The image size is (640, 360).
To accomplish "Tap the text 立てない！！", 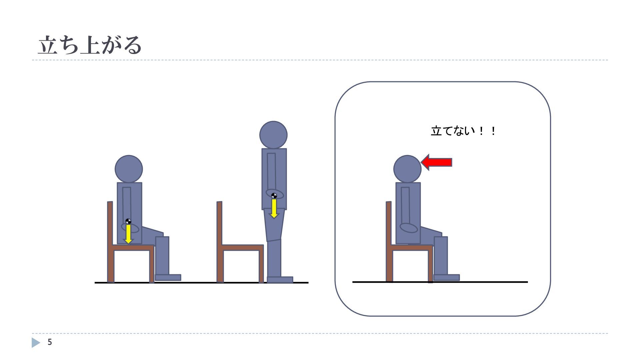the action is [463, 131].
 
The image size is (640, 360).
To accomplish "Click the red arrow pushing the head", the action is [436, 162].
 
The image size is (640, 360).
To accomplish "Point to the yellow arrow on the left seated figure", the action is [128, 234].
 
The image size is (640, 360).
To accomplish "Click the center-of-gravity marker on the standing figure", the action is [274, 196].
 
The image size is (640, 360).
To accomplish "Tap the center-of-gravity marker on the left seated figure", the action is [128, 221].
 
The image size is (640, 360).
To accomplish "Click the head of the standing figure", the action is [273, 135].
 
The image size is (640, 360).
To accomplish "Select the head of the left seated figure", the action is [129, 169].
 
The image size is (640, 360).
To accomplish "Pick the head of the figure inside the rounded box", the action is [407, 169].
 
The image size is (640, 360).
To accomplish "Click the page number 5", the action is [50, 342].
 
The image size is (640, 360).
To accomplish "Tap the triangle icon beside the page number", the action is [36, 343].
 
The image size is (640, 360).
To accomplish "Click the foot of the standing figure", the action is [280, 280].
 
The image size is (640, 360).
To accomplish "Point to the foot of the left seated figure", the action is [168, 277].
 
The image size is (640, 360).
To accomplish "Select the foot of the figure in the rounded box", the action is [447, 277].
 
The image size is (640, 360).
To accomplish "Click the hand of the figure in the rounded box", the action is [409, 228].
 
